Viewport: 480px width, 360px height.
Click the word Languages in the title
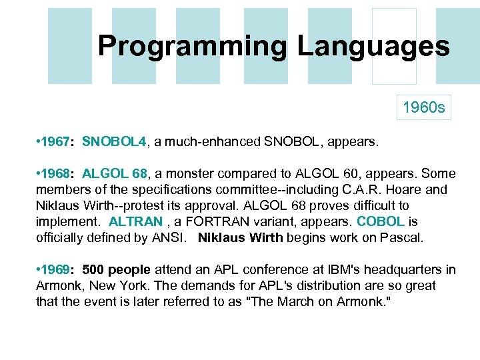click(x=373, y=47)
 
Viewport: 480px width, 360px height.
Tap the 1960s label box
click(x=423, y=107)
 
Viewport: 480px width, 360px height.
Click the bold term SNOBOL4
click(x=114, y=141)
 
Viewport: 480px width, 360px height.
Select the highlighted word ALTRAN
click(x=135, y=221)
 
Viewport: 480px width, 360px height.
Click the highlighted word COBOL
click(x=381, y=221)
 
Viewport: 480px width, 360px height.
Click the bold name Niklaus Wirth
click(x=241, y=237)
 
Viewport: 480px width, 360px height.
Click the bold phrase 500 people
click(x=117, y=269)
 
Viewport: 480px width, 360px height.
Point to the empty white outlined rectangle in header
click(x=393, y=46)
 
